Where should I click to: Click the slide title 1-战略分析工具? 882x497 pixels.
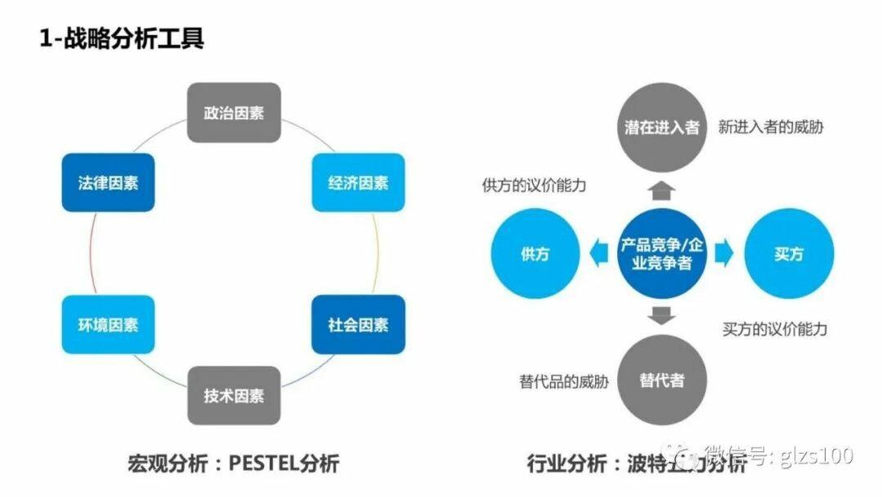coord(122,38)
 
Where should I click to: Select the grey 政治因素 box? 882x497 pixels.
coord(234,113)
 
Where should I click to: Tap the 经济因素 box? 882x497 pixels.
coord(358,182)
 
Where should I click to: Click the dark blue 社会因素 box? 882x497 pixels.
coord(358,325)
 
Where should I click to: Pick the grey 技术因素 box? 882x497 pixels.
coord(234,396)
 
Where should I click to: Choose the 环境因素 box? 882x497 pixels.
coord(108,325)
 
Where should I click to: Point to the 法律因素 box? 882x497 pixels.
coord(108,182)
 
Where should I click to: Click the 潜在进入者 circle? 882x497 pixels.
coord(662,128)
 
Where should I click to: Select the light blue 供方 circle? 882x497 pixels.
coord(535,253)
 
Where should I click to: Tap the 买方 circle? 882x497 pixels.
coord(789,253)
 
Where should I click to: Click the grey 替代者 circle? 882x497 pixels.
coord(662,380)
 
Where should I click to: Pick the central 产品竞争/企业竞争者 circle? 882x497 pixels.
coord(662,253)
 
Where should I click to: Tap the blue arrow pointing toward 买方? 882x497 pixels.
coord(724,253)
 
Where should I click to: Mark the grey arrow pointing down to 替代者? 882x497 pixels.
coord(662,315)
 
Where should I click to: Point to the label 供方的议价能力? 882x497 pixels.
coord(534,186)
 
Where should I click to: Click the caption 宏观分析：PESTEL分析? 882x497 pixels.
coord(233,464)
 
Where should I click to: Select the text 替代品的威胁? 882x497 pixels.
coord(564,381)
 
